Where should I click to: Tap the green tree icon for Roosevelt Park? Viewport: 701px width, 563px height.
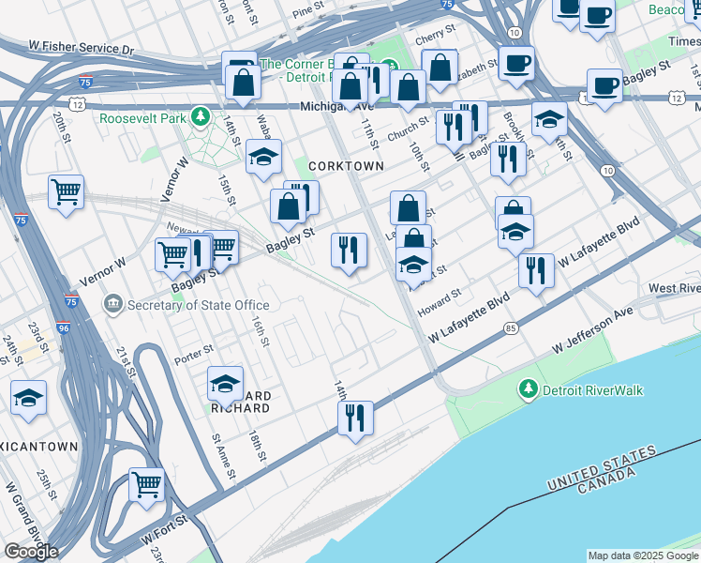[x=200, y=116]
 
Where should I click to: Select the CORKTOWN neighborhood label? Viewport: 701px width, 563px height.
[x=347, y=166]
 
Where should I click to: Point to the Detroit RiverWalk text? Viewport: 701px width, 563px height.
[x=592, y=390]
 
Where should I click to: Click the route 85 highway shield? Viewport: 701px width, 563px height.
[x=510, y=327]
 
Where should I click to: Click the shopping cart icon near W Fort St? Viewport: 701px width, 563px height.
[x=147, y=485]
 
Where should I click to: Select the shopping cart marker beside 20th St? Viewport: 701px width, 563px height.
[x=67, y=192]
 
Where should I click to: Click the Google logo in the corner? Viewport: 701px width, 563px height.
[x=31, y=552]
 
